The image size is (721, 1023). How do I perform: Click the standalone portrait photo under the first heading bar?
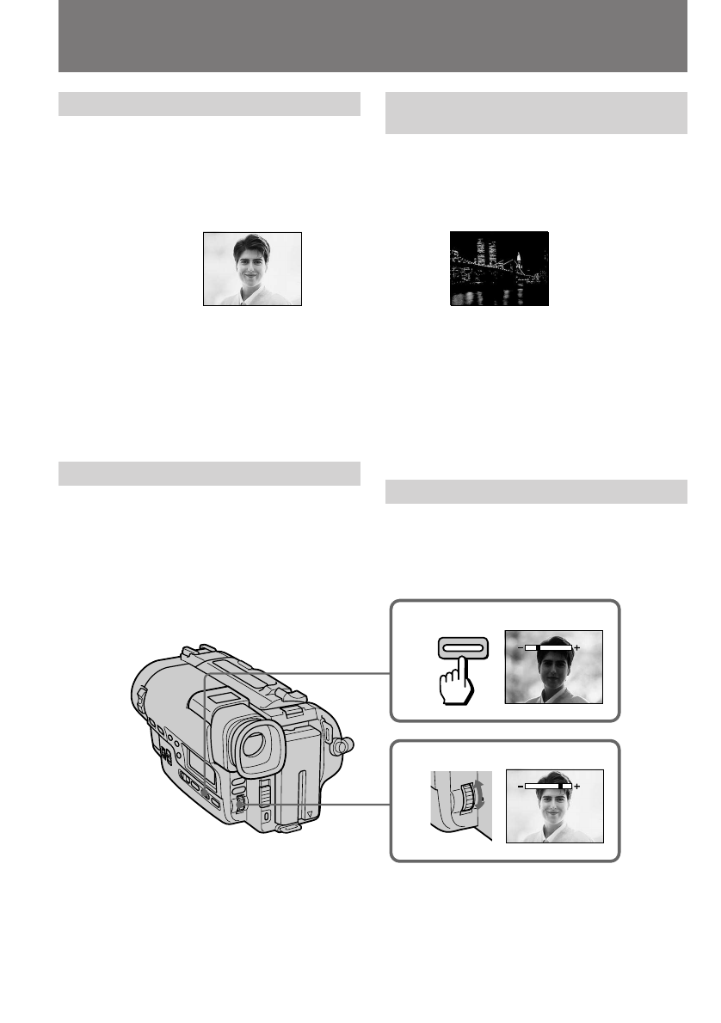pyautogui.click(x=252, y=268)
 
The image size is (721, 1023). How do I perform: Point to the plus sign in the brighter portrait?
pyautogui.click(x=576, y=786)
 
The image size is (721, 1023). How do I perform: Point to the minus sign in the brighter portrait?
pyautogui.click(x=520, y=786)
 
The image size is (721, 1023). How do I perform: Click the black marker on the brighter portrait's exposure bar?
pyautogui.click(x=562, y=786)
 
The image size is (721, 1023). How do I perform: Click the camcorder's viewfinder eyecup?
pyautogui.click(x=255, y=744)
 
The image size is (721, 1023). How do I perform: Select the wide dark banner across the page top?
pyautogui.click(x=373, y=36)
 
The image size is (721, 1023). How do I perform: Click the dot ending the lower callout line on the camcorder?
pyautogui.click(x=241, y=804)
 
